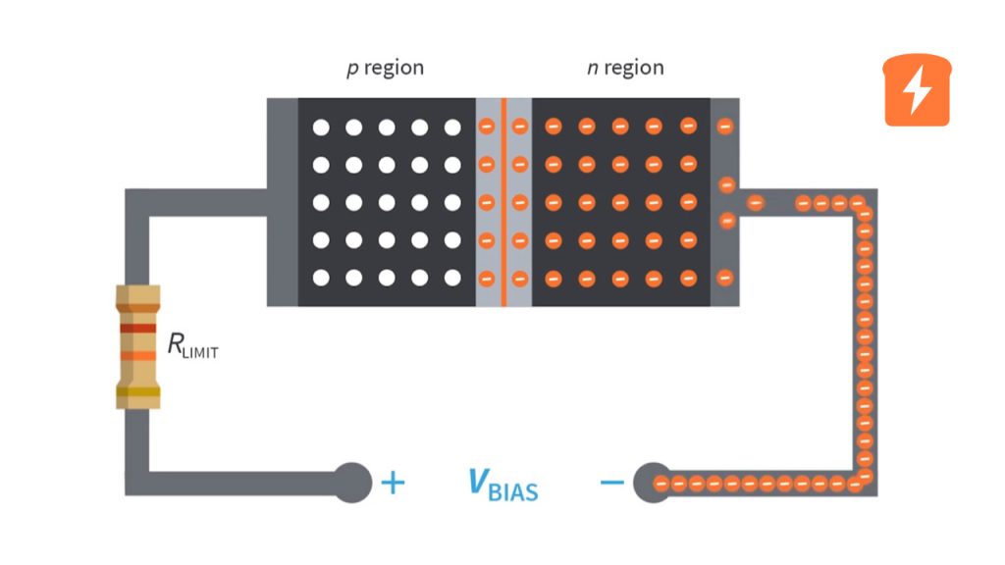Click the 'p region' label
pos(385,68)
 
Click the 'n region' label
pos(625,68)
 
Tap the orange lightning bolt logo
pos(918,91)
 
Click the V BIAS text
pos(502,484)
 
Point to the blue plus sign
pos(392,483)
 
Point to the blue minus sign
pos(610,483)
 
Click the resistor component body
pos(136,346)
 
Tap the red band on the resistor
pos(136,328)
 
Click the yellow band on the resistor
pos(136,393)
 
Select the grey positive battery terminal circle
pos(352,482)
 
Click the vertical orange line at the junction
pos(503,201)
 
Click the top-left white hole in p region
pos(320,128)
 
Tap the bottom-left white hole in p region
pos(320,278)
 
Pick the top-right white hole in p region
pos(452,128)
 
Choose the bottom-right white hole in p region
pos(452,278)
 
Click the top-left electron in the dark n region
pos(553,127)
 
